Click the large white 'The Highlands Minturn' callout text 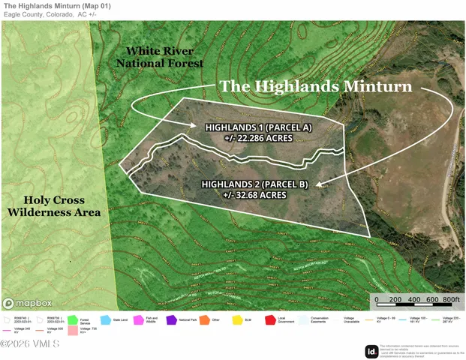point(316,86)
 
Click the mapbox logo point(29,303)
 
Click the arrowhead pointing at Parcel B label point(317,183)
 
